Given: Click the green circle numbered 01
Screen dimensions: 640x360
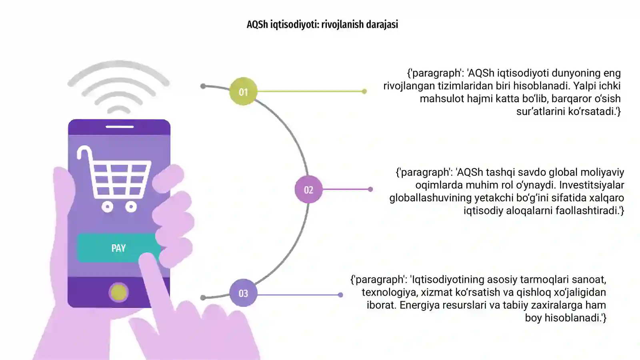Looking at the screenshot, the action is [243, 92].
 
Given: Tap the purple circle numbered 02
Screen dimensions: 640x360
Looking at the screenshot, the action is [308, 190].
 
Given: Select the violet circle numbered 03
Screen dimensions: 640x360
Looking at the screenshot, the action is [243, 293].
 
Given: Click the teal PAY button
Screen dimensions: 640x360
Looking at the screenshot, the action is [118, 248].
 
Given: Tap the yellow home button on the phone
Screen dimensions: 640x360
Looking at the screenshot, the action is [118, 292].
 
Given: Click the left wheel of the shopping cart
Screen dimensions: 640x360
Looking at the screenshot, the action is [108, 206].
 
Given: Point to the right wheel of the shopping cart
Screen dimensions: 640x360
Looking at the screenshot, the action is [131, 206].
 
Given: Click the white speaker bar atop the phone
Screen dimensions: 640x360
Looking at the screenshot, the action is [120, 126].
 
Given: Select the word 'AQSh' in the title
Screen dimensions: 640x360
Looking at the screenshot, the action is [257, 24].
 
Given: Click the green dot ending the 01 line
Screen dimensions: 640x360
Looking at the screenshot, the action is [364, 92].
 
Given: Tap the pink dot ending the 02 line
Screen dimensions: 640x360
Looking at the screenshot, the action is [370, 189].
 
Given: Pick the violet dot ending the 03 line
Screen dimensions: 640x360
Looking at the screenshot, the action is [340, 295].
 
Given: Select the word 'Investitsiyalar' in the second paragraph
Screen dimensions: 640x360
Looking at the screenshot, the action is [592, 185].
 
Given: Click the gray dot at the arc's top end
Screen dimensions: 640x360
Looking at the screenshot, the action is [203, 86].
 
